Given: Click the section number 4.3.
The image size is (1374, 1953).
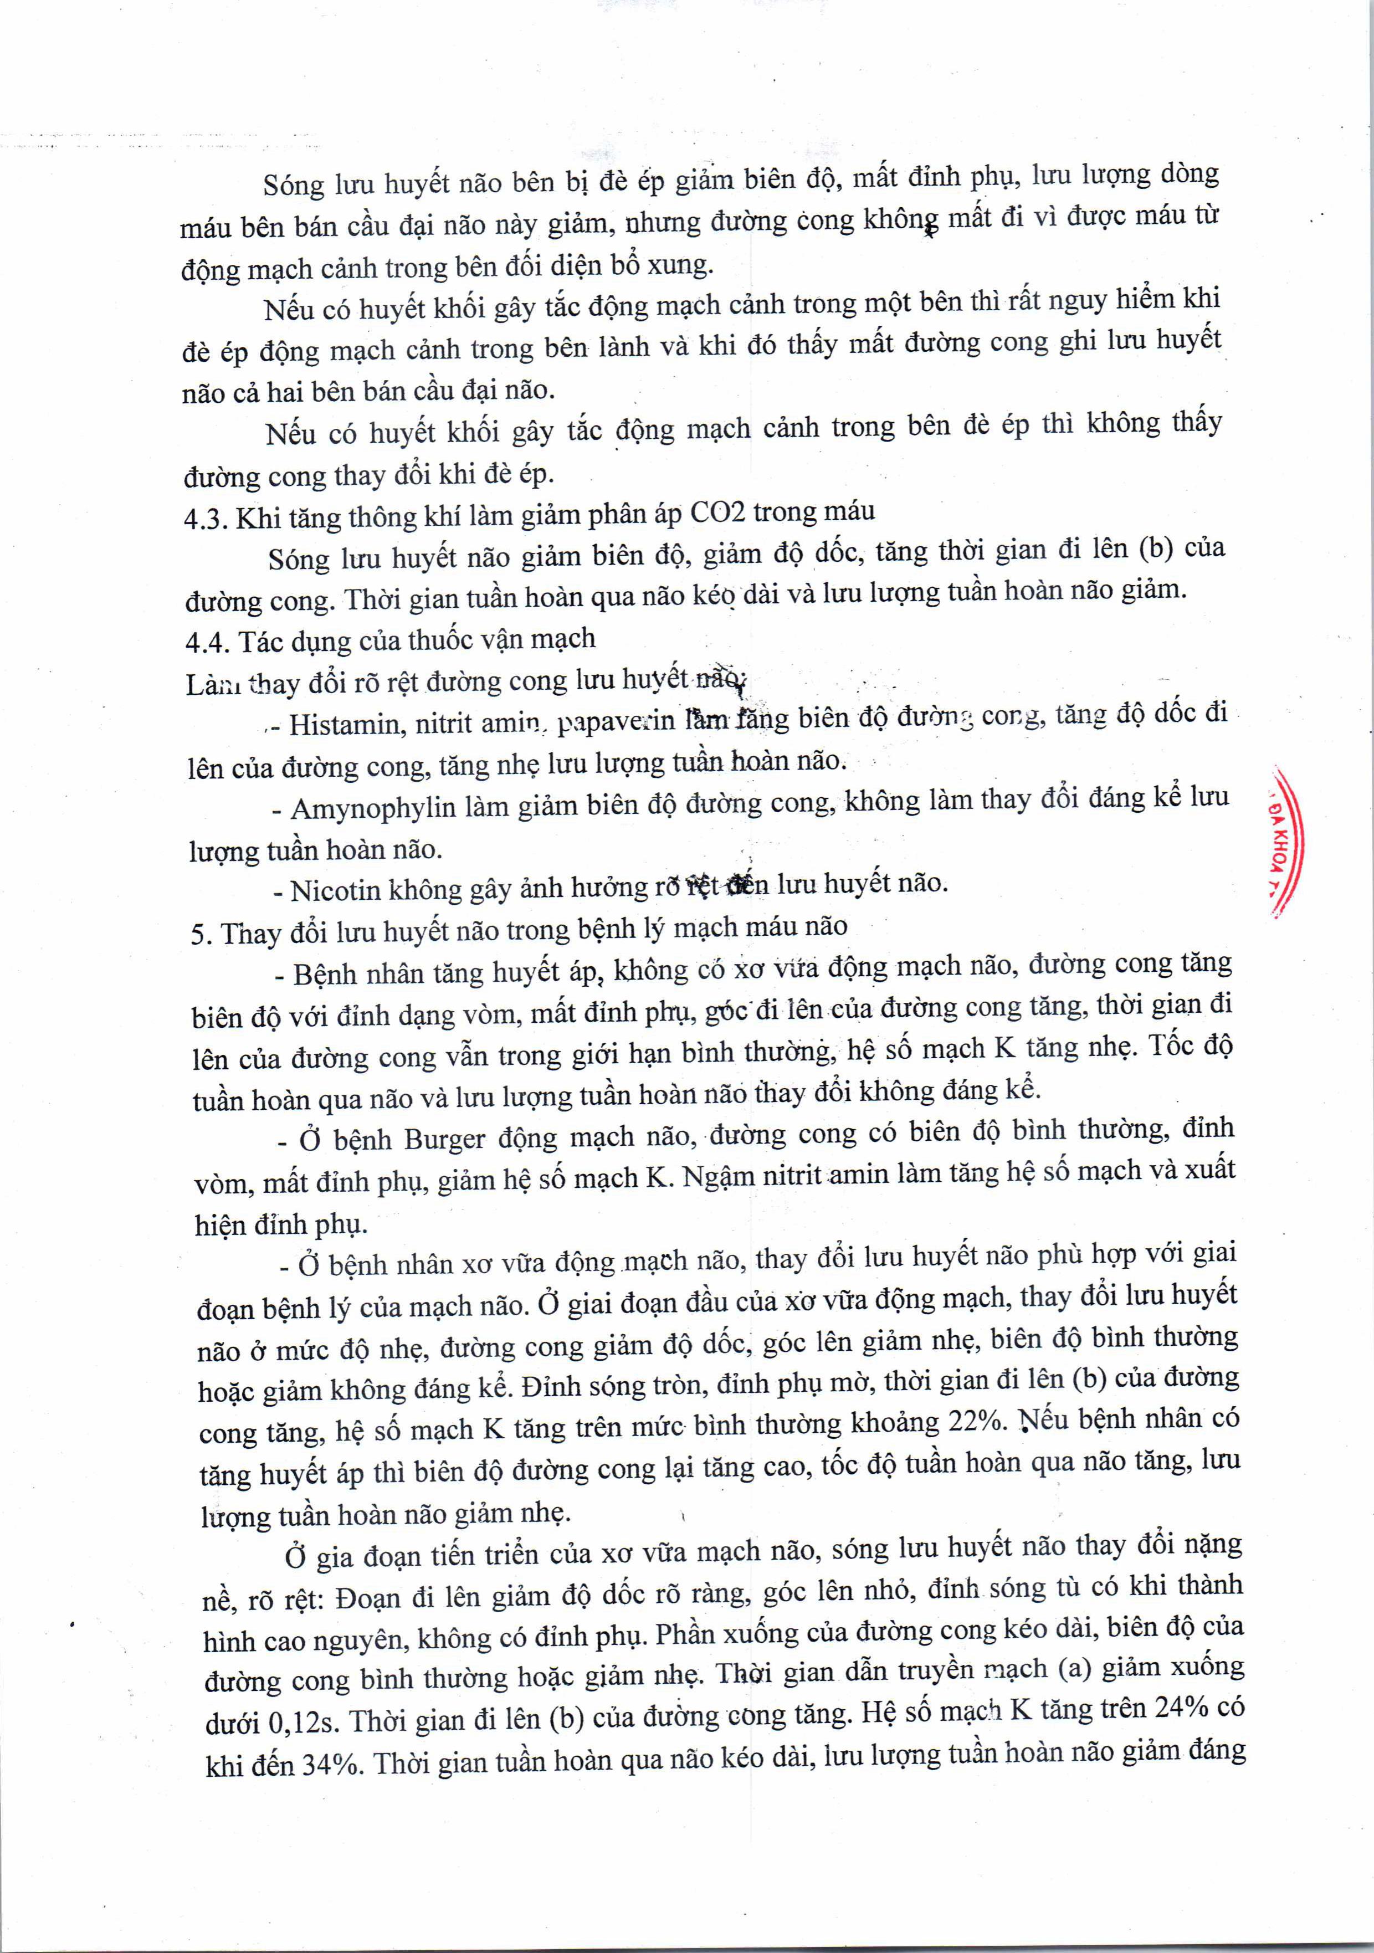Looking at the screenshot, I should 204,519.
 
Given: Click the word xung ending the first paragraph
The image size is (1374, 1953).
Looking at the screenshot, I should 680,264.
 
